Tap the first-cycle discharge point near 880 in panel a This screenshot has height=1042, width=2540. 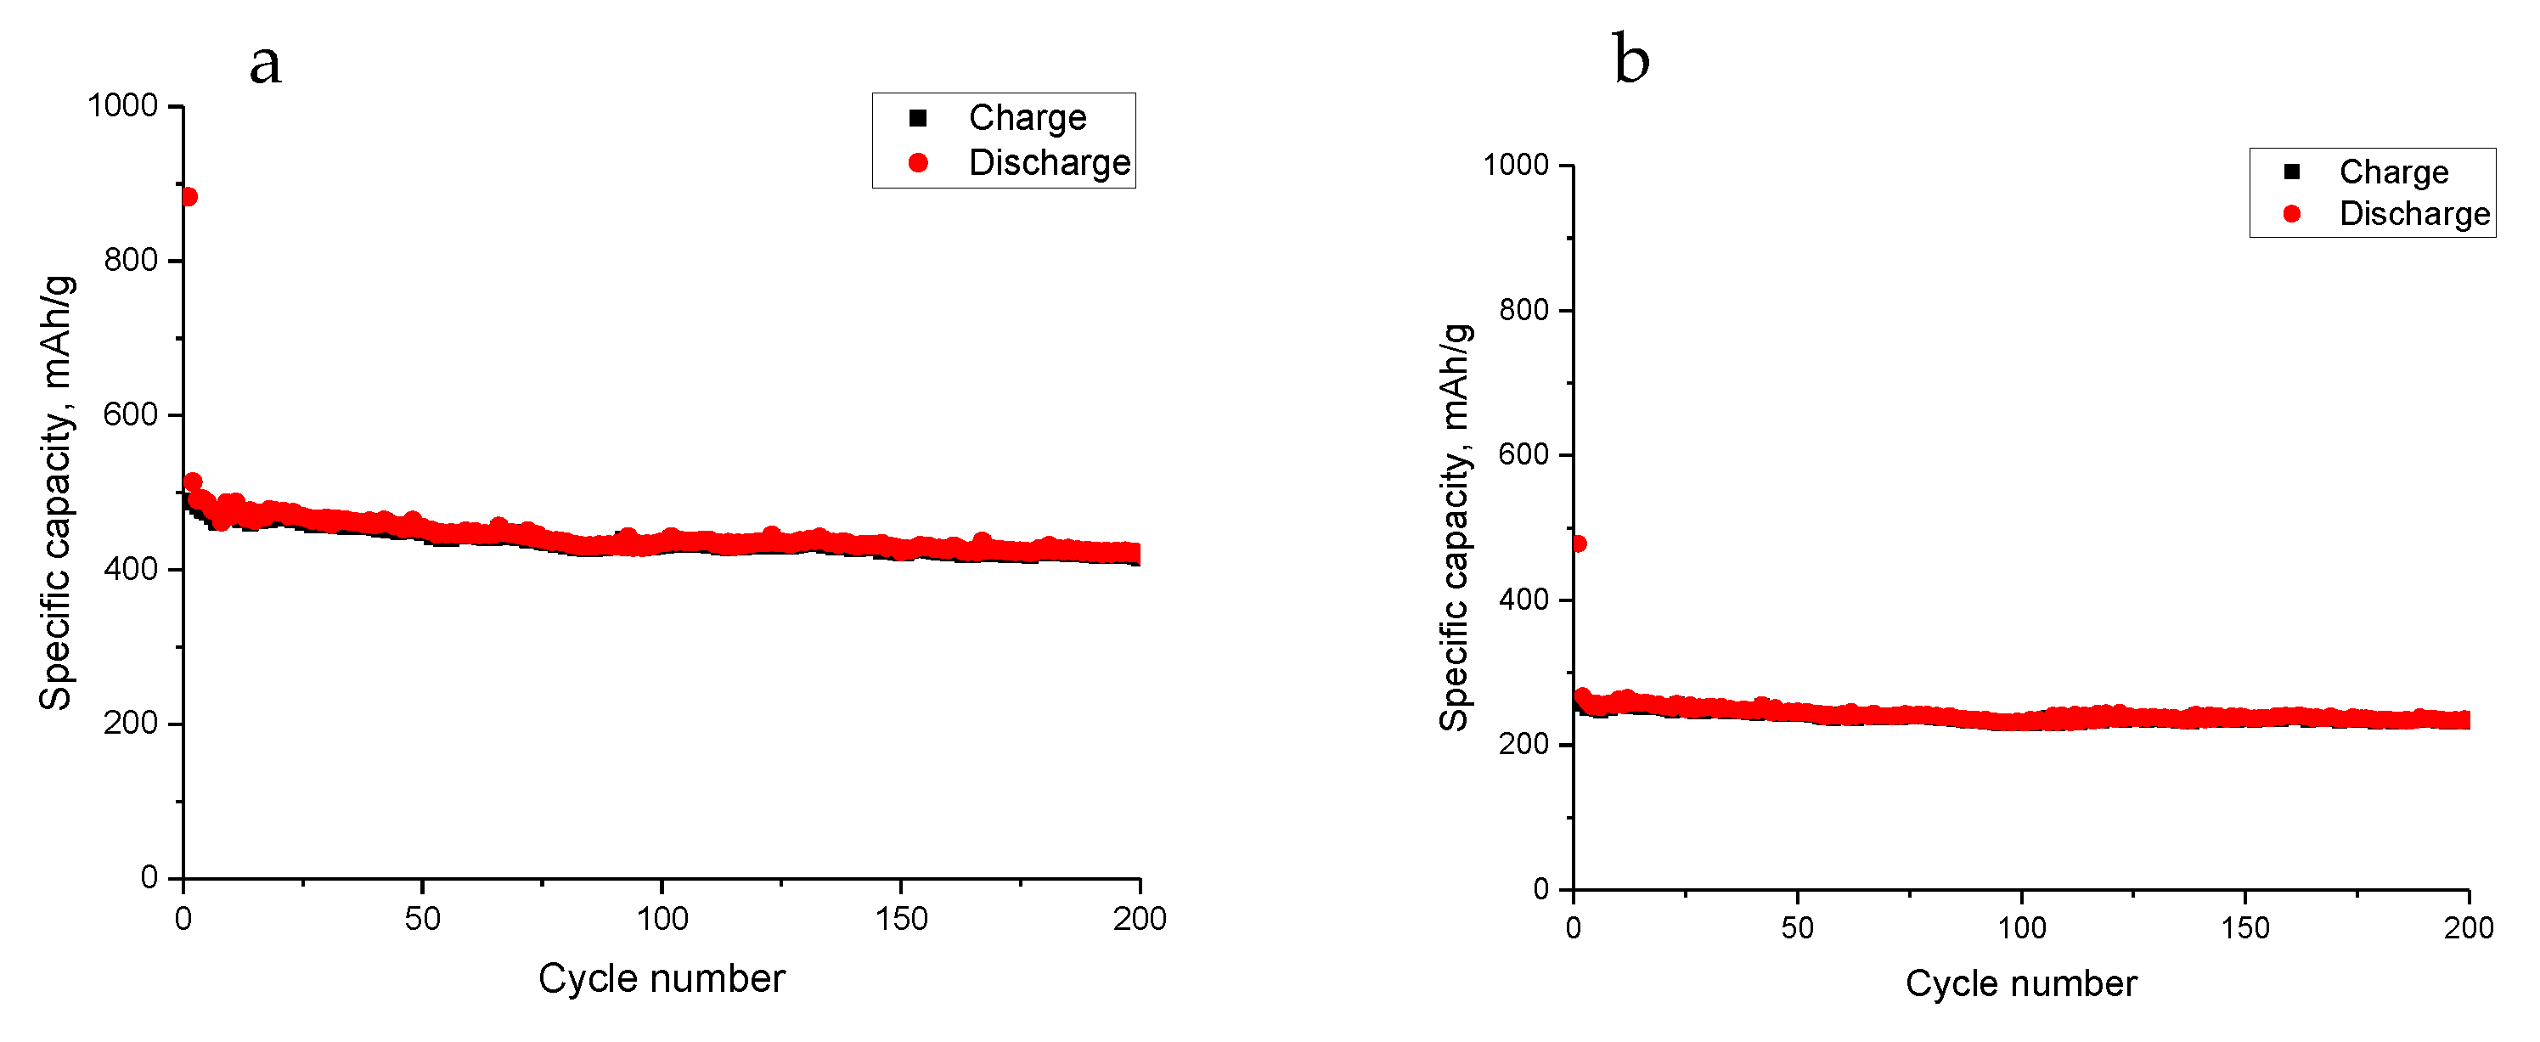pos(189,197)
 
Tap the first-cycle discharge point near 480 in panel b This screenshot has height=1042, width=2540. pos(1578,544)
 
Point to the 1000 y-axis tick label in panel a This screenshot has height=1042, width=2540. pos(122,105)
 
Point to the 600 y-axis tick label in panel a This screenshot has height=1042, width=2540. pos(130,414)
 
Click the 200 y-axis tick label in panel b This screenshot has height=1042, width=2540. pos(1523,744)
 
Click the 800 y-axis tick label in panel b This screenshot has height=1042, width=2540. pos(1523,310)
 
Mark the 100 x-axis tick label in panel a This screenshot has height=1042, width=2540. pos(662,919)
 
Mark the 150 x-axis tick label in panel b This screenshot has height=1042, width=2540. pos(2245,927)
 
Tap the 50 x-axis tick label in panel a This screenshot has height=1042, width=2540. pos(422,919)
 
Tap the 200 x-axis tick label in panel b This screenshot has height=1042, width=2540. pos(2468,927)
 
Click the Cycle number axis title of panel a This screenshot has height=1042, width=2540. pos(662,978)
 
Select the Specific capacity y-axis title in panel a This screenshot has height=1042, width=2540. pos(55,493)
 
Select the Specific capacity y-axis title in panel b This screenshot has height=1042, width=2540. pos(1455,527)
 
